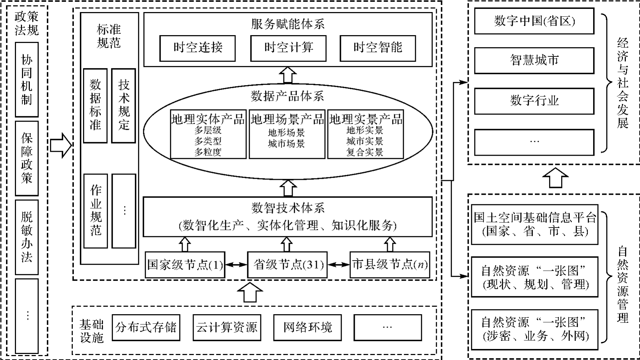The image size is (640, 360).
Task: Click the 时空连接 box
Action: point(197,48)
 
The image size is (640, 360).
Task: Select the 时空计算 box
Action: point(288,48)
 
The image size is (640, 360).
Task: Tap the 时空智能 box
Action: point(377,48)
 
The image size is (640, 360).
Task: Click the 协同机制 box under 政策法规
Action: point(27,80)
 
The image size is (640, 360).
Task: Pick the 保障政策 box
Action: point(27,158)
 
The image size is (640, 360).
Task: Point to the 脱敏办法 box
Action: point(27,237)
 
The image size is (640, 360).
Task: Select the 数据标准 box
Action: point(95,105)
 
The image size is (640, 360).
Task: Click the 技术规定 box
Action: point(123,105)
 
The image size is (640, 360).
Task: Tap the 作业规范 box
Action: point(95,211)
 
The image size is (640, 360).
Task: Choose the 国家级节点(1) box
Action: point(185,265)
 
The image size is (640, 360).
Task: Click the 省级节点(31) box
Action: point(287,265)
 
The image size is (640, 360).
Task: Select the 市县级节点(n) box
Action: point(390,265)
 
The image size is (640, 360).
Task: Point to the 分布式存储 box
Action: point(146,327)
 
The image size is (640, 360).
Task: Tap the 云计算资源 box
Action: point(227,327)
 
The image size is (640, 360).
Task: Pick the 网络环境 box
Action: point(307,327)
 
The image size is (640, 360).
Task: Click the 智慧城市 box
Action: point(534,61)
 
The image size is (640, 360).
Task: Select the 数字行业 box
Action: point(534,101)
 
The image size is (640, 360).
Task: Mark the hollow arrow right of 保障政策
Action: point(61,145)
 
